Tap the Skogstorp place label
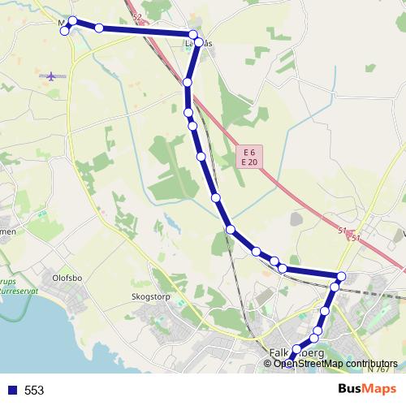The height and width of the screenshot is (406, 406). click(149, 297)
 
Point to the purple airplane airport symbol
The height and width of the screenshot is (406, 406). click(53, 76)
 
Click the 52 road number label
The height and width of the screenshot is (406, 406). click(135, 17)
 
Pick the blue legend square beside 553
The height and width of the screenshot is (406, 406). click(11, 391)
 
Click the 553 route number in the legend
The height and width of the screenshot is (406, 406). click(34, 391)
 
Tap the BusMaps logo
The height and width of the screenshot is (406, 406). click(368, 390)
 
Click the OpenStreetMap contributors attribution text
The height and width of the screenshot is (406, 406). click(335, 364)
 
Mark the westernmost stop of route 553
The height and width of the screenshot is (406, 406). click(65, 30)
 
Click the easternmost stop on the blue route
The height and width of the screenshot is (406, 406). click(341, 277)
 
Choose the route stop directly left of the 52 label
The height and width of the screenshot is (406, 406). click(99, 28)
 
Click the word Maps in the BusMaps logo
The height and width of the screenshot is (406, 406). click(379, 390)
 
